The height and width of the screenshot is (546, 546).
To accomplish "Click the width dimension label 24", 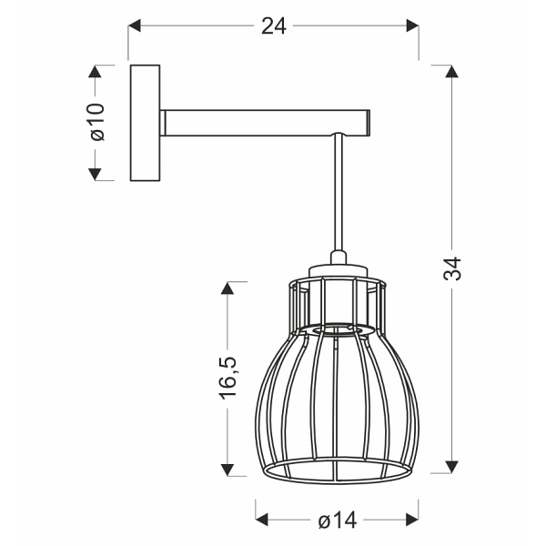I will (273, 26).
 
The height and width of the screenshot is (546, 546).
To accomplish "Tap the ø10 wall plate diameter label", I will (97, 122).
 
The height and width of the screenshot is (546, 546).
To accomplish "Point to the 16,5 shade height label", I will (227, 376).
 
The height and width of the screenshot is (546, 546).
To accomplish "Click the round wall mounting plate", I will (145, 122).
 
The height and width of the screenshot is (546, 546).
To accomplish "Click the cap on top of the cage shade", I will (339, 270).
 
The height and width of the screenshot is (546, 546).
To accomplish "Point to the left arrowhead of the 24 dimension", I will (134, 27).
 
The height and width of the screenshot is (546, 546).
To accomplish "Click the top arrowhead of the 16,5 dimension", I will (227, 288).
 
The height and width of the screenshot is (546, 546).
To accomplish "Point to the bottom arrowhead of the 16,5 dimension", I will (227, 467).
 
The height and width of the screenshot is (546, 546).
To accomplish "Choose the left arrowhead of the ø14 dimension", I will (261, 520).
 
